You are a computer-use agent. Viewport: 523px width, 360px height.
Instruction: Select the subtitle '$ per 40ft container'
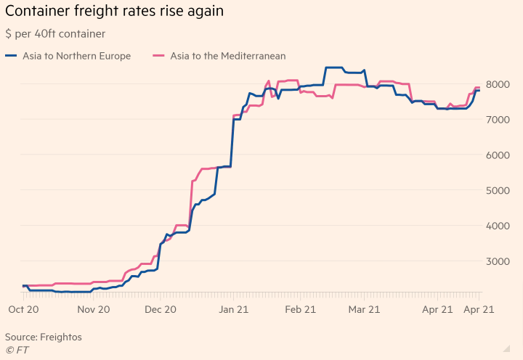point(55,34)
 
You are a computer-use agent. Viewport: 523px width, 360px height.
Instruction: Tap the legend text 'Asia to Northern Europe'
point(77,56)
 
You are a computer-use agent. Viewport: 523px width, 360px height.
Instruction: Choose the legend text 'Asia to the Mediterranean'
point(228,56)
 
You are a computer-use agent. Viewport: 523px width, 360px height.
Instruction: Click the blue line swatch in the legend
point(12,56)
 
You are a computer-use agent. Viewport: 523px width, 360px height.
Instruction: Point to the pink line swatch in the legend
point(159,56)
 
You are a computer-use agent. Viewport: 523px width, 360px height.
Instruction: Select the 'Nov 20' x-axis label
point(94,309)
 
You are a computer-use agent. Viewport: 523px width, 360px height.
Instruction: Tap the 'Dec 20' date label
point(161,309)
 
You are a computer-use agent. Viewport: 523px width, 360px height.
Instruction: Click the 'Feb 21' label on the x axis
point(299,309)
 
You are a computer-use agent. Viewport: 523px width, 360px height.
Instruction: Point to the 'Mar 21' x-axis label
point(365,309)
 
